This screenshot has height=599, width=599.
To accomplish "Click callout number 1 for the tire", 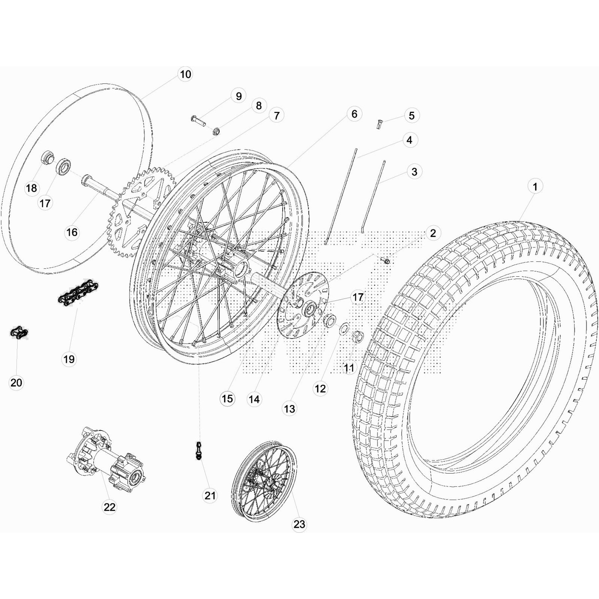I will coord(535,186).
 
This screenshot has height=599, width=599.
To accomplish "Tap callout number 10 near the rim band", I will coord(185,75).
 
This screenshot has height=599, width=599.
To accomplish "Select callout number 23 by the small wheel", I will coord(299,524).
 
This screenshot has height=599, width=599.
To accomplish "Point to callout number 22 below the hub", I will coord(109,507).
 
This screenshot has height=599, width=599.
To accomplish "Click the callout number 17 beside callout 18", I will coord(45,203).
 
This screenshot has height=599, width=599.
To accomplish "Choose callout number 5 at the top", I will coord(411,116).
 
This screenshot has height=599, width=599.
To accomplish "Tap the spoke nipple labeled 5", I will coord(379,124).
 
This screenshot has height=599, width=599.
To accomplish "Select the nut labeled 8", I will coord(216,131).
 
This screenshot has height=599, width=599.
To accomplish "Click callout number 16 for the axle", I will coord(72,232).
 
